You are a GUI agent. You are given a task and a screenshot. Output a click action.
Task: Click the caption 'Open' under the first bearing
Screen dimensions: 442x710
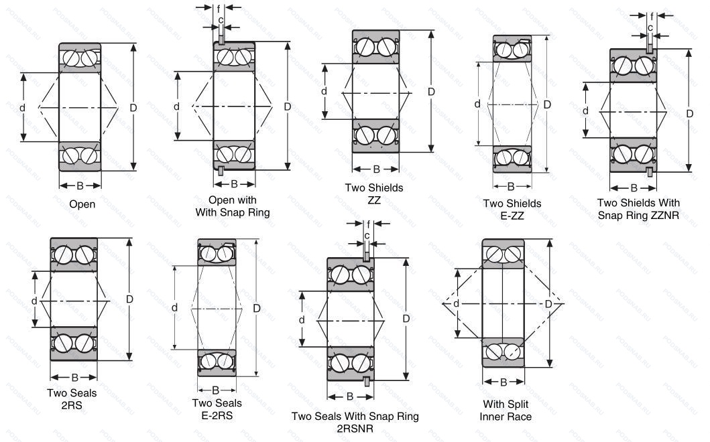[x=82, y=204]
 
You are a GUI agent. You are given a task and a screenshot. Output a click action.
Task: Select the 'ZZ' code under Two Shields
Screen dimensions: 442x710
[x=374, y=200]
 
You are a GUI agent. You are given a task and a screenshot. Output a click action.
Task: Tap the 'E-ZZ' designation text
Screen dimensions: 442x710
[x=512, y=216]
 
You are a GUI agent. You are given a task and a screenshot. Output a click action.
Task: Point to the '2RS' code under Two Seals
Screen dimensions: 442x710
[x=74, y=404]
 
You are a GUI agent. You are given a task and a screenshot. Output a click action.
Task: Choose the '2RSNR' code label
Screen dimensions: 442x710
[x=355, y=429]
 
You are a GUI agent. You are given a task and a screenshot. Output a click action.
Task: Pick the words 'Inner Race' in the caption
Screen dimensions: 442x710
[x=505, y=417]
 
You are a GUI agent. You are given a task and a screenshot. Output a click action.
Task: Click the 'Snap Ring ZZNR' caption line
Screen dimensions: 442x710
[x=638, y=215]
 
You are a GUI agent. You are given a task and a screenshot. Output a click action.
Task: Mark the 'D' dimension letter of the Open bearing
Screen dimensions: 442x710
[x=133, y=108]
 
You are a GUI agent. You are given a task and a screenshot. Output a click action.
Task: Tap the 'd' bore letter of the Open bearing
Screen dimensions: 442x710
[x=21, y=108]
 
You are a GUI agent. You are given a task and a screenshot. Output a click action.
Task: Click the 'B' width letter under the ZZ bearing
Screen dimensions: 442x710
[x=376, y=169]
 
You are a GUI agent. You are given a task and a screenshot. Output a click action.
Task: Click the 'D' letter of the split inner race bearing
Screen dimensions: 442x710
[x=548, y=304]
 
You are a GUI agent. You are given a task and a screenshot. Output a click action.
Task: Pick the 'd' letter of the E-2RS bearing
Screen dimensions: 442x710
[x=174, y=307]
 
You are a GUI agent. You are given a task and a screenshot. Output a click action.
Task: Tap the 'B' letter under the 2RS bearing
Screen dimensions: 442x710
[x=74, y=377]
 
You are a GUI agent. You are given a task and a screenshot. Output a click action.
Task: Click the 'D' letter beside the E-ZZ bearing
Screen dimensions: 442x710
[x=547, y=104]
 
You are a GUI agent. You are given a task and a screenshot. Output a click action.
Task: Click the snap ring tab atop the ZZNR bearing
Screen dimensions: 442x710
[x=650, y=47]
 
